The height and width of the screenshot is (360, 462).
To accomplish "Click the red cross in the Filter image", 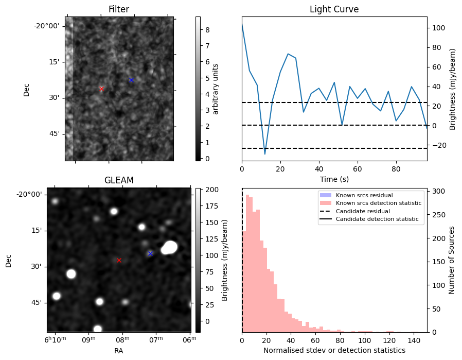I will pyautogui.click(x=101, y=89).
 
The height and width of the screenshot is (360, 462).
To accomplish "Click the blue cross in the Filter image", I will pyautogui.click(x=131, y=80).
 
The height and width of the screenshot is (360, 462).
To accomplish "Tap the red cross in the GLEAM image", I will pyautogui.click(x=119, y=260).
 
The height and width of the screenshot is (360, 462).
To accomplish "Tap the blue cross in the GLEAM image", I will pyautogui.click(x=150, y=253).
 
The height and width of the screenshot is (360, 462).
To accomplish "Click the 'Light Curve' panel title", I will pyautogui.click(x=334, y=9).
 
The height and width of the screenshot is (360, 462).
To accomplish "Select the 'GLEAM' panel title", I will pyautogui.click(x=119, y=180).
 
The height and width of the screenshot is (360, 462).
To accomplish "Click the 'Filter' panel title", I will pyautogui.click(x=119, y=9).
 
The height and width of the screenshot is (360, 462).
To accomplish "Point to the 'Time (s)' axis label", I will pyautogui.click(x=334, y=179).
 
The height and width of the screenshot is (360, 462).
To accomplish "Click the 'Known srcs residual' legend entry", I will pyautogui.click(x=364, y=195).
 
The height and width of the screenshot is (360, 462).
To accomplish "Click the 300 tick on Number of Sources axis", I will pyautogui.click(x=438, y=191).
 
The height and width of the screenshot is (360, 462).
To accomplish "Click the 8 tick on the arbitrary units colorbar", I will pyautogui.click(x=206, y=30).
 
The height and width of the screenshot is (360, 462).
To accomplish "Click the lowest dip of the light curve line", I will pyautogui.click(x=265, y=154).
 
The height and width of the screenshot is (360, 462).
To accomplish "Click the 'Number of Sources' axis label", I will pyautogui.click(x=452, y=260).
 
